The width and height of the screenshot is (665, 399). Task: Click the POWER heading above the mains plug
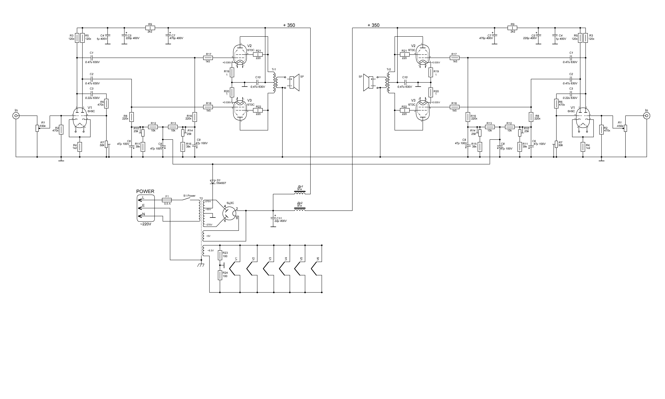145,191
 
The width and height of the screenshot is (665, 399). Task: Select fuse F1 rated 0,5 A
167,200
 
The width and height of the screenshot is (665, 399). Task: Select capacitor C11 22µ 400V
273,219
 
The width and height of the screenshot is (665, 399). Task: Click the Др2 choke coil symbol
300,209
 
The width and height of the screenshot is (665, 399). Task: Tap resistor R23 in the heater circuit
220,255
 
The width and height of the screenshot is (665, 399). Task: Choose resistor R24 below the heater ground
220,275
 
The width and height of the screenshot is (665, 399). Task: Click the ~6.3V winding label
210,251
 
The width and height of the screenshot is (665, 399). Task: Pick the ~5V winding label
208,236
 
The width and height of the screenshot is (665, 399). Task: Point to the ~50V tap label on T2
208,209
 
